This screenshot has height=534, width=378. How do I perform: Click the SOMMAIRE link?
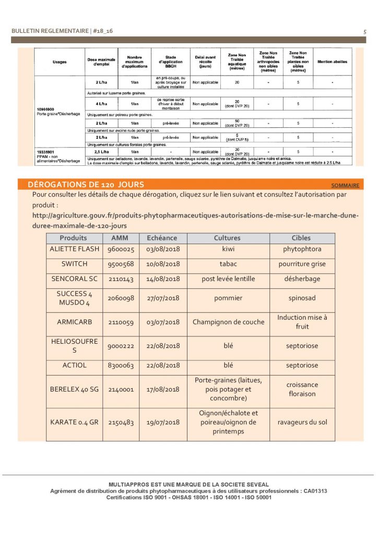[x=345, y=185]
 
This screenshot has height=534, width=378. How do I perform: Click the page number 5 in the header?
[x=364, y=32]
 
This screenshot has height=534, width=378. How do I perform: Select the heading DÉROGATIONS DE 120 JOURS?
[x=86, y=185]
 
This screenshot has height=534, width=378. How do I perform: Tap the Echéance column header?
[x=162, y=238]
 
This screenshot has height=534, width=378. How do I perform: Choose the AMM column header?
[x=120, y=238]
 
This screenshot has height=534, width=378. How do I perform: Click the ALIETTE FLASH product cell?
[x=74, y=249]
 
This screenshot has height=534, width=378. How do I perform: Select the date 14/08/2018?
[x=163, y=278]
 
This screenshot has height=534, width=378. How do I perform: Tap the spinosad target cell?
[x=301, y=298]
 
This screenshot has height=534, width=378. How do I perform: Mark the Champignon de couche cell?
[x=227, y=322]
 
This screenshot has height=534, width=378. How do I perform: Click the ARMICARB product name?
[x=74, y=322]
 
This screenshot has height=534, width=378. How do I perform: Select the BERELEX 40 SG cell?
[x=74, y=389]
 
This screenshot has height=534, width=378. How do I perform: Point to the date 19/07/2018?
[x=163, y=422]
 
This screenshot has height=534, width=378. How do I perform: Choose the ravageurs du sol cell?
[x=302, y=422]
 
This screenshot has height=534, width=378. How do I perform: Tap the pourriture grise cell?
[x=302, y=264]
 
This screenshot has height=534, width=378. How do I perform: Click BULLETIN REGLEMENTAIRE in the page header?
[x=50, y=31]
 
